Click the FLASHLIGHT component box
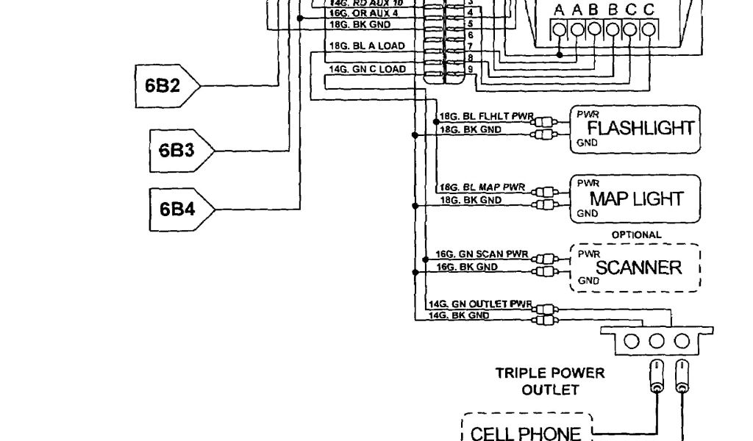pos(634,129)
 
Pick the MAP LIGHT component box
pos(634,198)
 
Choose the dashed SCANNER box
pos(637,268)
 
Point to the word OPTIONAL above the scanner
pos(636,235)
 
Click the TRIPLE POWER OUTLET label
pos(550,381)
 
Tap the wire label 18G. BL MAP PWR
pos(482,187)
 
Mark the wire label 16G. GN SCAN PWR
pos(482,254)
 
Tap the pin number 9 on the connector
pos(470,69)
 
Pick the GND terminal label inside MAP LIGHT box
pos(586,214)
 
